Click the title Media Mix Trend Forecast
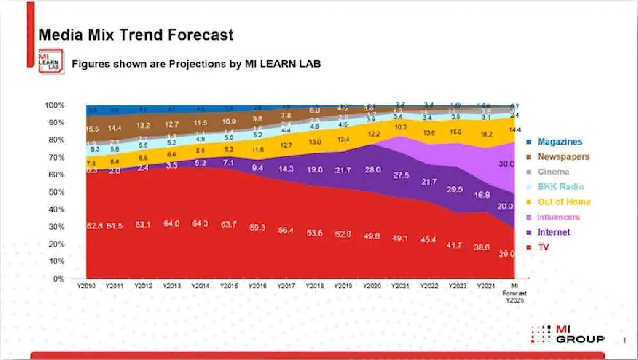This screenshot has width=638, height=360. pos(136,35)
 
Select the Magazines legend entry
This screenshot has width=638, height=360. pos(559,142)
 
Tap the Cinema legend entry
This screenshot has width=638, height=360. pos(553,172)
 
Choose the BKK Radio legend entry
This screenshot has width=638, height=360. pos(560,187)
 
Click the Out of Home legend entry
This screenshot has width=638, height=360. pos(564,202)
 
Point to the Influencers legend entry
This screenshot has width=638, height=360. pos(558,217)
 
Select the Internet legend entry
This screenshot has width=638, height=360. pos(553,232)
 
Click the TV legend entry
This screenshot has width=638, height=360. pos(543,247)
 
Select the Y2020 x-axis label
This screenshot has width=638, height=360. pos(372,286)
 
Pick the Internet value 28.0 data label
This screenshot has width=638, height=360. pos(372,170)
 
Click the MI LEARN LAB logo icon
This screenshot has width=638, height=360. pos(51,61)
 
